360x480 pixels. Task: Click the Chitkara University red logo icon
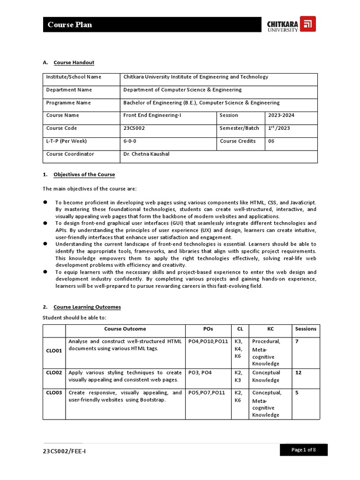click(307, 24)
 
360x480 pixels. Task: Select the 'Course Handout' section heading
click(74, 62)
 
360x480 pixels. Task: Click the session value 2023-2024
click(281, 115)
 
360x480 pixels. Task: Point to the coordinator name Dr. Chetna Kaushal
click(146, 154)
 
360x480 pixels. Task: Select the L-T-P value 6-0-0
click(130, 141)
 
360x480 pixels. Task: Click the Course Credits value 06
click(271, 141)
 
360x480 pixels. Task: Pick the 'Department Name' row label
click(69, 90)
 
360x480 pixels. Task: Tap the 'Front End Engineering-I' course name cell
click(149, 115)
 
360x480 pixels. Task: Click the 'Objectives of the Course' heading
click(84, 174)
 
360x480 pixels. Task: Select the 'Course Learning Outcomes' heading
click(87, 307)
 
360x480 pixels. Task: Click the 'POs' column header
click(208, 329)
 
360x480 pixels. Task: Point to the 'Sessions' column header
click(306, 329)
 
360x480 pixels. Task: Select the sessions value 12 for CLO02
click(298, 373)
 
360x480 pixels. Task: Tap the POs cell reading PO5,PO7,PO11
click(207, 393)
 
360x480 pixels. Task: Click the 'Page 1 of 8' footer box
click(303, 450)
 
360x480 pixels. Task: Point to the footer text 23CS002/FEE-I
click(64, 451)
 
